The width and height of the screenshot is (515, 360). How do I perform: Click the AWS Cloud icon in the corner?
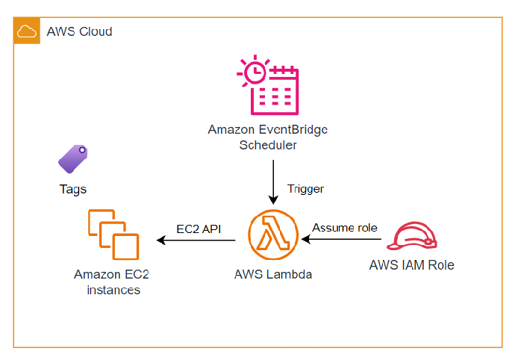(x=27, y=31)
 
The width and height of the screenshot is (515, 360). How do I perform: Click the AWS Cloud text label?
(x=79, y=31)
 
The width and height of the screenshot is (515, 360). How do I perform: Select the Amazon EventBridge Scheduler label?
(x=267, y=137)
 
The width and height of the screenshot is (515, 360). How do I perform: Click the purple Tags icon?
(x=73, y=159)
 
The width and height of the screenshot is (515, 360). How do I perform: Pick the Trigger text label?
(x=305, y=189)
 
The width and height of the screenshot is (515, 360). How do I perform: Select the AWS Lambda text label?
(x=273, y=274)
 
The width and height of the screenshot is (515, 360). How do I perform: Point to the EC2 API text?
(x=199, y=228)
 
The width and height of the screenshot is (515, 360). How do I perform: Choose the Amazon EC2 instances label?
(x=107, y=282)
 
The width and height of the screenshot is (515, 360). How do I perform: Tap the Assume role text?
(x=345, y=227)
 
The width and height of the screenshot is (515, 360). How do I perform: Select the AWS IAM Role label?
(x=411, y=265)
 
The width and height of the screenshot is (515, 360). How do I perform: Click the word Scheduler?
(x=267, y=145)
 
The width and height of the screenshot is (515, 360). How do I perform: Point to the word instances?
(x=107, y=289)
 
